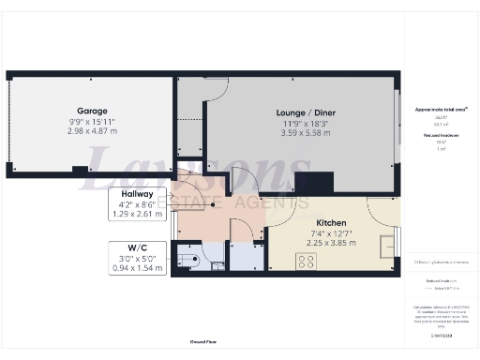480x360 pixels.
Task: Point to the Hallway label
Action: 137,192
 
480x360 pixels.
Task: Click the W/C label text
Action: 137,247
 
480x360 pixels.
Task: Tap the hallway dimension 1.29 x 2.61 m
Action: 137,214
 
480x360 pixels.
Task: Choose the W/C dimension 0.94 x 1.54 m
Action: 137,268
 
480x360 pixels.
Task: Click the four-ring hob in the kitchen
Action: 306,262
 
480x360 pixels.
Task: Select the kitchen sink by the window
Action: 386,247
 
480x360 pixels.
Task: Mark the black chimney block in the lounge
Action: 313,184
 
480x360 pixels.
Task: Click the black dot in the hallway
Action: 214,204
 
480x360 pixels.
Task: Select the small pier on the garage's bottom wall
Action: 80,170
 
